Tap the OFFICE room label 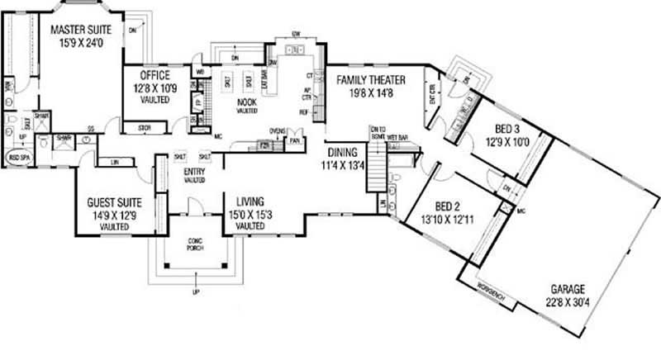[150, 75]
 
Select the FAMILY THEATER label [370, 80]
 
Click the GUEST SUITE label [116, 202]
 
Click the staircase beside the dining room [377, 165]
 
